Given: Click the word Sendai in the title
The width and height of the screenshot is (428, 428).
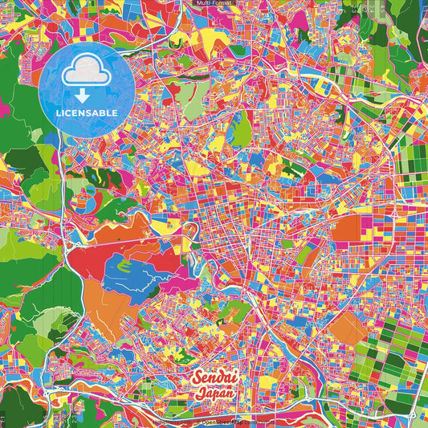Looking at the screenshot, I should point(214,377).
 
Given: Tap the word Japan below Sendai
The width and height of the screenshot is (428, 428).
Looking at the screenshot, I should point(215,393).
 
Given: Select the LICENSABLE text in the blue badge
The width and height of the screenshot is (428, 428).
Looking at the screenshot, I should point(87,112).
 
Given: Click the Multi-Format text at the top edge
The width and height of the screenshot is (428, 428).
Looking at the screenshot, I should point(214,4).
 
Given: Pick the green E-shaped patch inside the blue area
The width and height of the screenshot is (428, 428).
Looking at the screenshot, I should point(125,264).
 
